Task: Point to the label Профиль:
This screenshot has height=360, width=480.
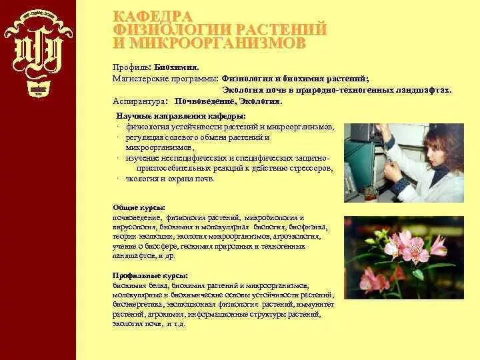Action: tap(132, 67)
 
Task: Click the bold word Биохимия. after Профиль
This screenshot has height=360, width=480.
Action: tap(177, 67)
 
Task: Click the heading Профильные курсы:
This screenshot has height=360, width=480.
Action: tap(149, 275)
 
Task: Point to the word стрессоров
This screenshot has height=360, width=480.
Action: tap(310, 169)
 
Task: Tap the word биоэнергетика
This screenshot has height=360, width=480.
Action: tap(135, 304)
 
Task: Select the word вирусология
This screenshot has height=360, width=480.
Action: tap(135, 227)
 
